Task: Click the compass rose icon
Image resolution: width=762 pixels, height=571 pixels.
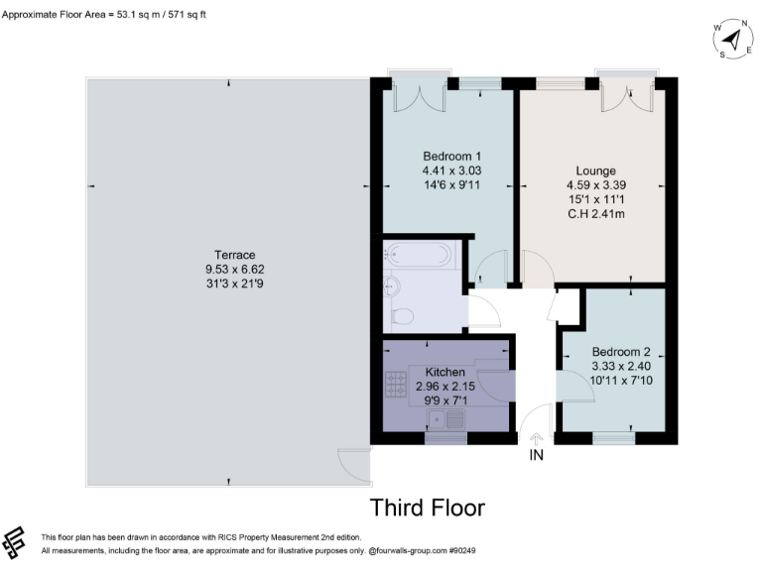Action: (731, 40)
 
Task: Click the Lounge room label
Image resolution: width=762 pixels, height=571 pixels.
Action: (595, 171)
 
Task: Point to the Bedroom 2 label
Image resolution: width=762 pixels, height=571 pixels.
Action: (620, 352)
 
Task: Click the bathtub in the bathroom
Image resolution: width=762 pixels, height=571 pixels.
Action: (417, 255)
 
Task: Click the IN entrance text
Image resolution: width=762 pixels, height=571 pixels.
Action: (537, 457)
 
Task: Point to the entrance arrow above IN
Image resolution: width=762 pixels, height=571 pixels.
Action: (537, 437)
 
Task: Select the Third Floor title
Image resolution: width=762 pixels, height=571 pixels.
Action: (428, 509)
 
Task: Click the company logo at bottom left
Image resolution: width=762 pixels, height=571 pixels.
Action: (17, 542)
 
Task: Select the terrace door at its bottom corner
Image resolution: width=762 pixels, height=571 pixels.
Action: (352, 462)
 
